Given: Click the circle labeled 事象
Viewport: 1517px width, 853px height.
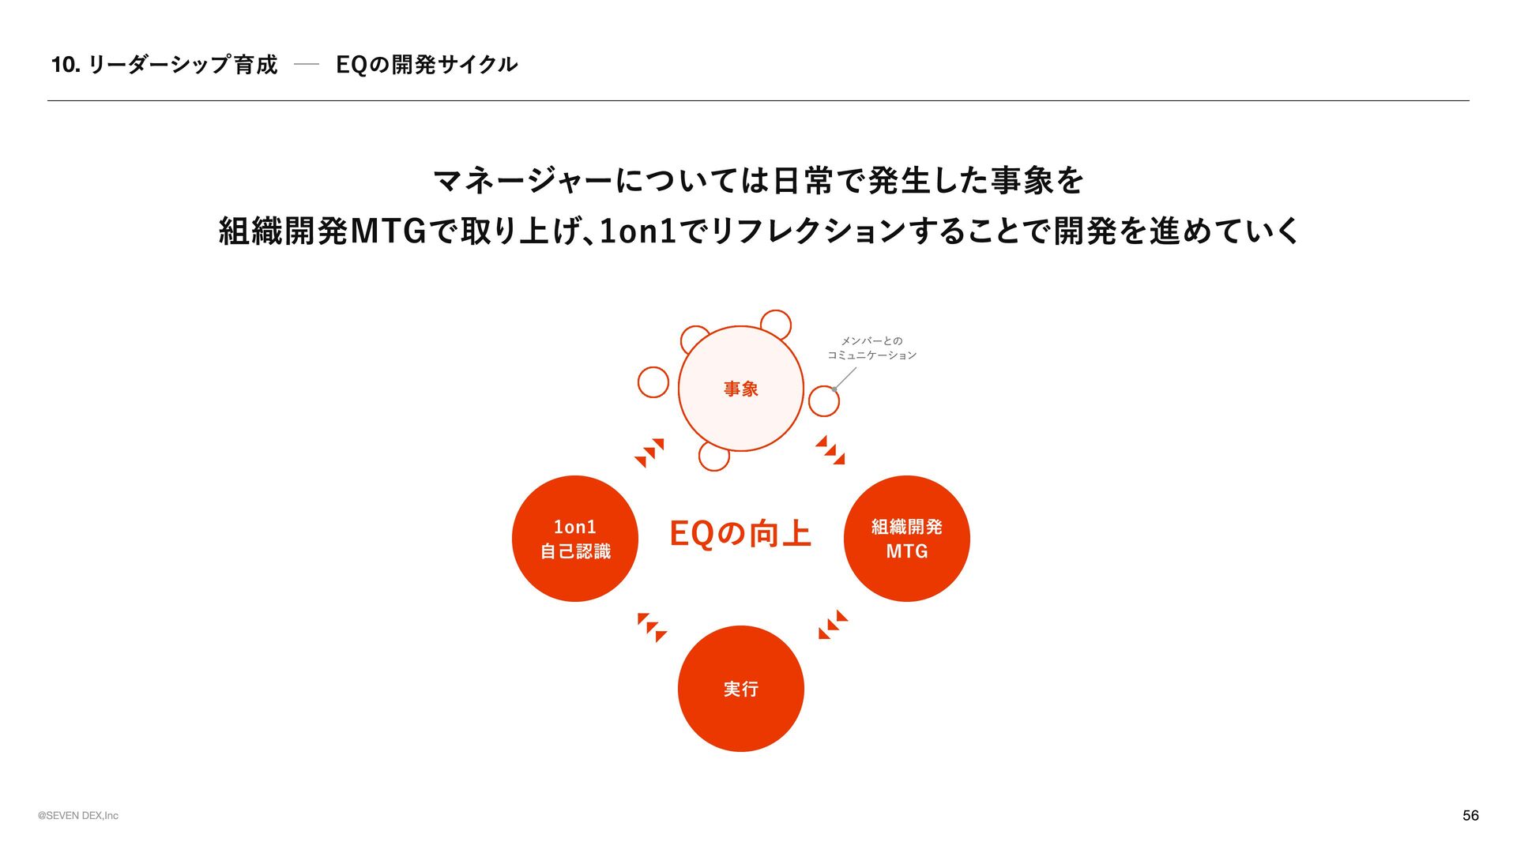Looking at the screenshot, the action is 740,389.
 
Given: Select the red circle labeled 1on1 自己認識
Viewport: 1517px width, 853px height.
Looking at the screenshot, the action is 574,539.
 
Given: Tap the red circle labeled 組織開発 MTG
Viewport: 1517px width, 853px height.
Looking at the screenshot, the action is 906,539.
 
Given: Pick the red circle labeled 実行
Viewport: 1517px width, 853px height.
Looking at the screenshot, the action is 740,689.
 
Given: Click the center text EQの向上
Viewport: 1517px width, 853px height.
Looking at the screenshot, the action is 740,534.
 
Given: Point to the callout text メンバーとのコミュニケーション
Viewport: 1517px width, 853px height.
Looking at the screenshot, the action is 871,348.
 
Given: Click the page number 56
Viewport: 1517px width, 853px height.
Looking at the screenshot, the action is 1470,815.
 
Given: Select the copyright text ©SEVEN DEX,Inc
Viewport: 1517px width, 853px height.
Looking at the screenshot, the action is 78,816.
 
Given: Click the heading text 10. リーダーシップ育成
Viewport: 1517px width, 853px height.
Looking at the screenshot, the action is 164,65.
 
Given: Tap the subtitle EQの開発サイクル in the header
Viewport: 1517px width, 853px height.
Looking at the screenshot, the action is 427,65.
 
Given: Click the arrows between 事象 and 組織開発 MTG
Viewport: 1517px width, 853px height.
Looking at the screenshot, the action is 830,450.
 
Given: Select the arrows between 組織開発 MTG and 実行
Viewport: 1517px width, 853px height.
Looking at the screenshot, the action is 833,625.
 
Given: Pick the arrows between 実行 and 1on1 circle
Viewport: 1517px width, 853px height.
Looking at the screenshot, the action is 652,627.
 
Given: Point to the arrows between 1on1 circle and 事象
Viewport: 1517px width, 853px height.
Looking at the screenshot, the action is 649,453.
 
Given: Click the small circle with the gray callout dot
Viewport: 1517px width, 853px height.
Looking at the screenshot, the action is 824,401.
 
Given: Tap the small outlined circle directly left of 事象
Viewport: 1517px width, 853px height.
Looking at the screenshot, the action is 653,382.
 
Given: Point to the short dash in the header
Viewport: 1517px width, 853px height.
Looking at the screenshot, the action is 306,65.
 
